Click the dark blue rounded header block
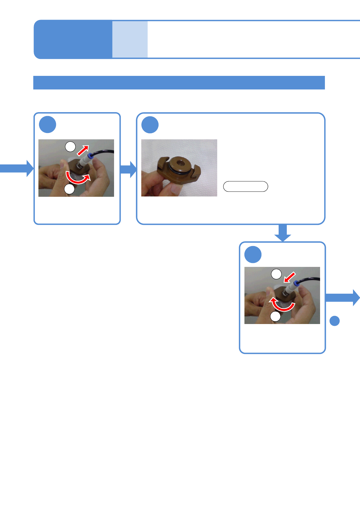[73, 39]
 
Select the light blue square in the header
[130, 39]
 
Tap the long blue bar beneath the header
[179, 83]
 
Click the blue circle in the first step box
[47, 125]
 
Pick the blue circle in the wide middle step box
[150, 125]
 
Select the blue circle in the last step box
[253, 254]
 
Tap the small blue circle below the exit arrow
[334, 321]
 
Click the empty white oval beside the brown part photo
[245, 186]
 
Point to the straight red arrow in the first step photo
[83, 150]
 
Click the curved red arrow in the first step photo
[78, 178]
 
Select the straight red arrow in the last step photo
[289, 277]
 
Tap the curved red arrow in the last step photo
[282, 305]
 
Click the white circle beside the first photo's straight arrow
[70, 147]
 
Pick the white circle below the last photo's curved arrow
[275, 316]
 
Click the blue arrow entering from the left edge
[17, 168]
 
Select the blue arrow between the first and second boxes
[129, 169]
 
